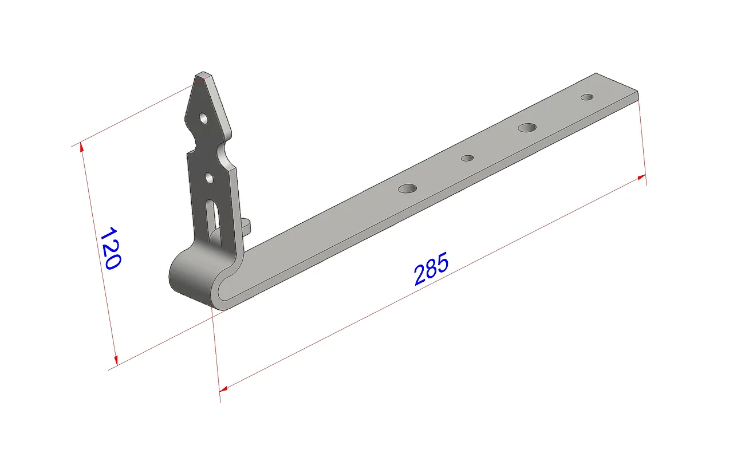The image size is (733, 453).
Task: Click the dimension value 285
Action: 431,268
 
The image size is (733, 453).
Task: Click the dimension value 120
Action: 110,248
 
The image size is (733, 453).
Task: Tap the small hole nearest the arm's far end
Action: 587,97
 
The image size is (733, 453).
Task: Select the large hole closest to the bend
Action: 408,188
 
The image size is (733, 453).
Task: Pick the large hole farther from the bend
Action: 527,127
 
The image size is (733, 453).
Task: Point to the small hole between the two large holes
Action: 468,157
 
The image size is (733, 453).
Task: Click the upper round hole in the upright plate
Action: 203,119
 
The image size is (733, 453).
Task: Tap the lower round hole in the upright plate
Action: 210,179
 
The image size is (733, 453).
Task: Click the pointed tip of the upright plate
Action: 202,75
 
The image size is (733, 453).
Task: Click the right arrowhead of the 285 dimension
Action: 642,178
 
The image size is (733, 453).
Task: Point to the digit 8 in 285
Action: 431,268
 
